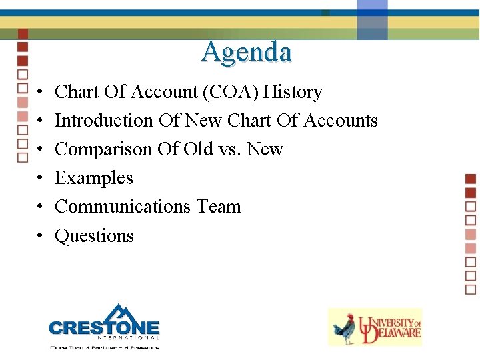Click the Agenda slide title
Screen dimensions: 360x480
[x=247, y=52]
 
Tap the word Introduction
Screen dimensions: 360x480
[x=103, y=121]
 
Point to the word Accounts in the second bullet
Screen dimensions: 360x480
[x=341, y=121]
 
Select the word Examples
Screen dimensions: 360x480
[x=94, y=178]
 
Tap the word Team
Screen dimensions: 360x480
[x=219, y=207]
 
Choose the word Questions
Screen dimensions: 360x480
[x=94, y=236]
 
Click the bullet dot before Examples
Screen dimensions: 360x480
[x=41, y=179]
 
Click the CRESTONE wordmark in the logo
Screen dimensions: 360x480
[x=104, y=328]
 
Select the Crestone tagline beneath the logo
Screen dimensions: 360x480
[x=104, y=347]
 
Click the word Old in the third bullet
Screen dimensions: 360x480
[x=198, y=149]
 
